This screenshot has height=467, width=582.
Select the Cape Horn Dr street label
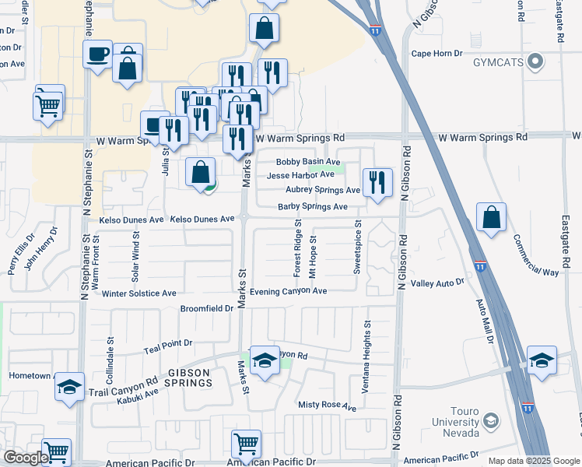click(436, 54)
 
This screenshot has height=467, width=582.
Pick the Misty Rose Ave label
click(327, 406)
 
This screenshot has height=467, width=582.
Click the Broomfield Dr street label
click(207, 308)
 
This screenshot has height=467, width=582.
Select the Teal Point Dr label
click(167, 343)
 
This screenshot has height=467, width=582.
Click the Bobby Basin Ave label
click(308, 162)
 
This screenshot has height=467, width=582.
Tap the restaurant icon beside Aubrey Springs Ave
click(377, 182)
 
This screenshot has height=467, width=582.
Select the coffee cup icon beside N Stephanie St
click(98, 54)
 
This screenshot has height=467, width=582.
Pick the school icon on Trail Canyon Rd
click(69, 386)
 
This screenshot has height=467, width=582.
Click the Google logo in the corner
click(26, 458)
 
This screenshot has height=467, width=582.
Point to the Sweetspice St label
click(358, 250)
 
